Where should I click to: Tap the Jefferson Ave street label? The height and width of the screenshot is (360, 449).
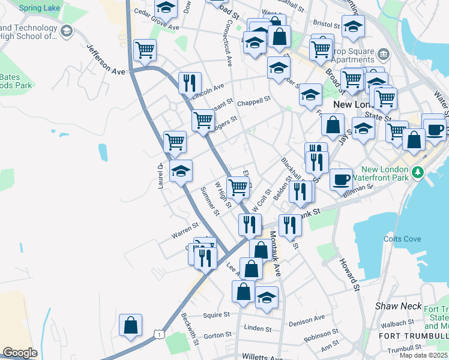pos(105,61)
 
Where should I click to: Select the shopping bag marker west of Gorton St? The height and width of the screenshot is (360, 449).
pos(131,325)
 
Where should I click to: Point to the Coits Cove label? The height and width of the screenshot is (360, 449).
pos(403,239)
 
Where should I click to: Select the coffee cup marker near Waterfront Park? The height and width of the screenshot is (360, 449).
pos(341,179)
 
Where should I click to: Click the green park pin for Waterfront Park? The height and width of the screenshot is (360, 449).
pos(419,174)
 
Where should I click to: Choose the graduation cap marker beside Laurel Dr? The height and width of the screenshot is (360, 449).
pos(181,172)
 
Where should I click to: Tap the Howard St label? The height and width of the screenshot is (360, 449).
pos(349,272)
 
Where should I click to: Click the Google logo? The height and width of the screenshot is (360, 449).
pos(20,353)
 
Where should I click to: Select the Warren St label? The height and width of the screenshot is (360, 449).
pos(185,228)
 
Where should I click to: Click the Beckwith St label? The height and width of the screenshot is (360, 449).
pos(191,329)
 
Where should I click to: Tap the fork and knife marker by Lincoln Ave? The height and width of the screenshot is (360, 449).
pos(190,83)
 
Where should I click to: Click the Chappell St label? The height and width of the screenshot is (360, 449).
pos(254,103)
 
